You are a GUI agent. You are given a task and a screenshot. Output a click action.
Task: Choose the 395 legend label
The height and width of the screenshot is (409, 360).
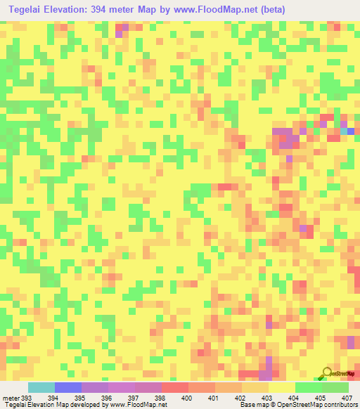(79, 397)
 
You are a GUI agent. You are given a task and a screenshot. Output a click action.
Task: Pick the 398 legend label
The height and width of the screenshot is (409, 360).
(159, 397)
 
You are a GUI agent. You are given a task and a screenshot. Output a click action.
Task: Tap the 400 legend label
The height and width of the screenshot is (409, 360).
(187, 397)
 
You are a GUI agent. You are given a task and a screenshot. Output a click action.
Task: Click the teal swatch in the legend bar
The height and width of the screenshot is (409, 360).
(41, 387)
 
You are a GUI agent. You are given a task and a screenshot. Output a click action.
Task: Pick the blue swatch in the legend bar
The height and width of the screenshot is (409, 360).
(68, 387)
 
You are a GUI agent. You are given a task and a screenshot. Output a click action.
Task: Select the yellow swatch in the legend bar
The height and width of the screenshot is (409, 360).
(281, 387)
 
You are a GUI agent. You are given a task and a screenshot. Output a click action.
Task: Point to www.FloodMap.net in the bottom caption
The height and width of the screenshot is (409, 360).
(138, 405)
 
